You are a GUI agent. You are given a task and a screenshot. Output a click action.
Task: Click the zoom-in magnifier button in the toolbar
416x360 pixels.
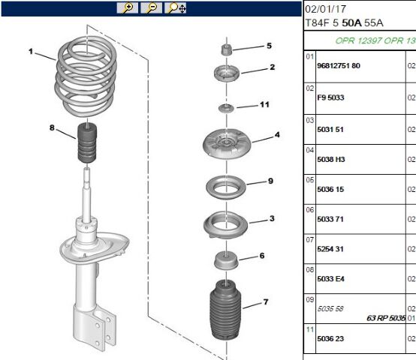(x=128, y=8)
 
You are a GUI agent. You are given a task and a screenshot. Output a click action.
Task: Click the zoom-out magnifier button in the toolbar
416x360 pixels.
(x=151, y=8)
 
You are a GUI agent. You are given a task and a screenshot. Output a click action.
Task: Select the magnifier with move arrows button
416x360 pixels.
(x=176, y=8)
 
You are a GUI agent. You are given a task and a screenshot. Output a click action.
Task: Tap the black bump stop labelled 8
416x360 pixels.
(x=87, y=143)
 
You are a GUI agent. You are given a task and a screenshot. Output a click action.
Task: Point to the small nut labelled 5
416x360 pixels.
(x=227, y=49)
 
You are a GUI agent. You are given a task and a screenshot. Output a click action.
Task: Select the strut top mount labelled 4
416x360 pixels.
(x=227, y=143)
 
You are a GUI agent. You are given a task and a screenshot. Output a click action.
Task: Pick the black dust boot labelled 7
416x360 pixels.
(x=225, y=310)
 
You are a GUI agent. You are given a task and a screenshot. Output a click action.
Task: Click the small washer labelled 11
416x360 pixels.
(x=226, y=108)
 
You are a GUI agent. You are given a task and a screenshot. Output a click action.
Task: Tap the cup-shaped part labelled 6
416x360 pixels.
(x=226, y=261)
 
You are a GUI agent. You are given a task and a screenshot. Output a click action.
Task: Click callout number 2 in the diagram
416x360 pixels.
(x=273, y=67)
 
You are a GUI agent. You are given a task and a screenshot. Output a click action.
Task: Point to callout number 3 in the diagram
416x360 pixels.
(x=272, y=218)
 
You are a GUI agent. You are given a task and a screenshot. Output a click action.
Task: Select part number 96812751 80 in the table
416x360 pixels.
(x=339, y=66)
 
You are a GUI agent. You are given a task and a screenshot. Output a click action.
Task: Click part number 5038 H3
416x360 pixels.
(x=331, y=160)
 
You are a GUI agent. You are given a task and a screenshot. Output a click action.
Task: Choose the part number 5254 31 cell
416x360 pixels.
(x=330, y=249)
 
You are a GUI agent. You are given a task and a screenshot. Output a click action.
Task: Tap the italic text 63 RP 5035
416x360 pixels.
(x=386, y=318)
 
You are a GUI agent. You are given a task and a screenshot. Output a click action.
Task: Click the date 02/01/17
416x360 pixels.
(x=326, y=9)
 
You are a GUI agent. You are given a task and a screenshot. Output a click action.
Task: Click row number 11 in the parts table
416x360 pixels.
(x=310, y=330)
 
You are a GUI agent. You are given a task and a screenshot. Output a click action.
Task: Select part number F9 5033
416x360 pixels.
(x=330, y=97)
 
